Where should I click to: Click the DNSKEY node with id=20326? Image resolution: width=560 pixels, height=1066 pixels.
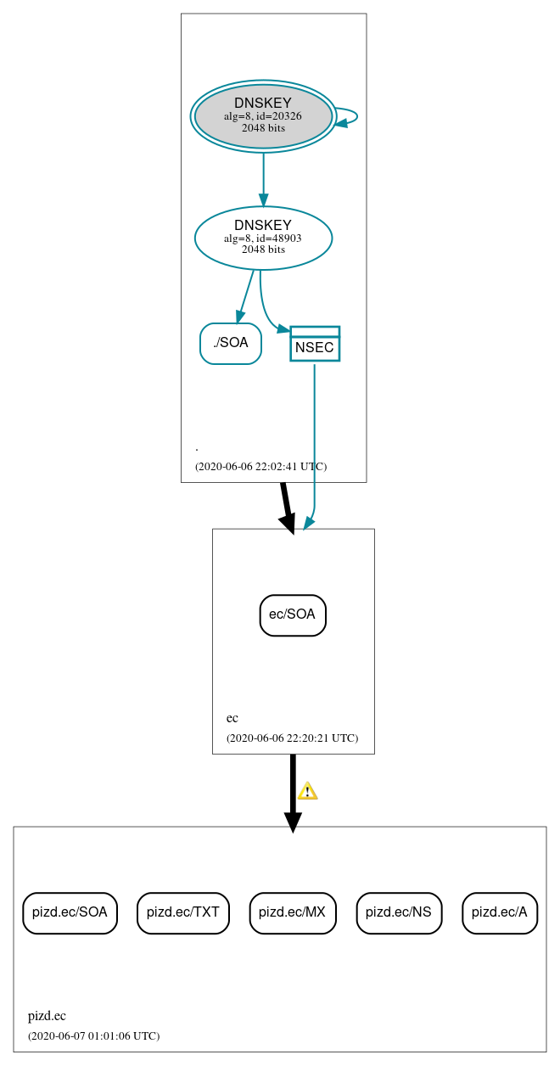tap(263, 116)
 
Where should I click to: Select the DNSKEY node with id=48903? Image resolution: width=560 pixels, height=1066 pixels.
tap(263, 238)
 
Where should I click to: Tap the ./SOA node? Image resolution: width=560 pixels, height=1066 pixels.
tap(231, 343)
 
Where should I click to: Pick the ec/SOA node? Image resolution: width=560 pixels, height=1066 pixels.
tap(293, 614)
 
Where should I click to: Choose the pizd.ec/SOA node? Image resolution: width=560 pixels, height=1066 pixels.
tap(70, 912)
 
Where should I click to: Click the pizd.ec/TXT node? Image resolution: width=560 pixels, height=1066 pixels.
tap(183, 912)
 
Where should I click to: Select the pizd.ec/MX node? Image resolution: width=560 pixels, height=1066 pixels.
tap(293, 912)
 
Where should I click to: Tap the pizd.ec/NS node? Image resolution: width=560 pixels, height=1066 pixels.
tap(399, 912)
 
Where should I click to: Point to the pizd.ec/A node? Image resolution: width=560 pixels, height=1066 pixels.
tap(500, 912)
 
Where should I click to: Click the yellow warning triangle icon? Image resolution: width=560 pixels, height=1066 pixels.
tap(307, 791)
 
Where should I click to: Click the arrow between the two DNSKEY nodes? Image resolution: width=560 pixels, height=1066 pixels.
tap(263, 179)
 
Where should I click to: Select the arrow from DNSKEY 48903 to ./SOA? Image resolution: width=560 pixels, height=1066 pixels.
tap(246, 296)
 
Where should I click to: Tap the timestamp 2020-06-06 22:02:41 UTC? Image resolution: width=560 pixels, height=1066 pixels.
tap(260, 466)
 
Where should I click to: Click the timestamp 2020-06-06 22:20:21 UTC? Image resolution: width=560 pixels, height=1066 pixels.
tap(292, 738)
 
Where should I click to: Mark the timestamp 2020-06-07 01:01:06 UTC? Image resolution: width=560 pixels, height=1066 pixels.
tap(93, 1035)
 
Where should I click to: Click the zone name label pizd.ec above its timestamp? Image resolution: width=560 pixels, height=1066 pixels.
tap(47, 1015)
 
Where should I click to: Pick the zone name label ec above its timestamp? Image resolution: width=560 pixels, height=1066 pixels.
tap(232, 717)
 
